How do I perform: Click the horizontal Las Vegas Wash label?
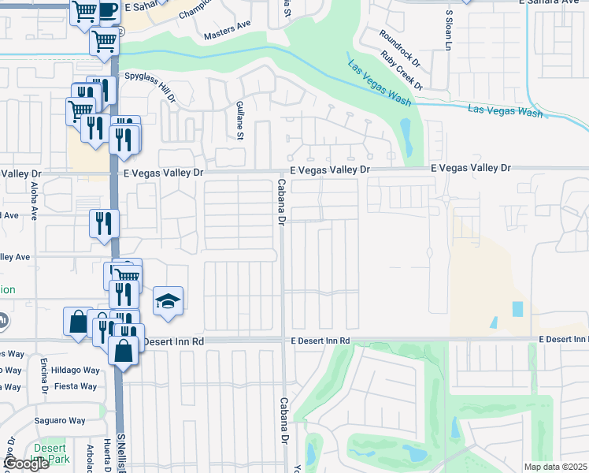(505, 111)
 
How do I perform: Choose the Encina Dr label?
(45, 378)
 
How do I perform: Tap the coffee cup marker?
(108, 9)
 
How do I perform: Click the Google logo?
(26, 464)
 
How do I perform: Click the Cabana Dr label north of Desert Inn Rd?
(281, 202)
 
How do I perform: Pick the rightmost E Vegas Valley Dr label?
(471, 168)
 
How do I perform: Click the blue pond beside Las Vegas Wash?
(406, 136)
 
